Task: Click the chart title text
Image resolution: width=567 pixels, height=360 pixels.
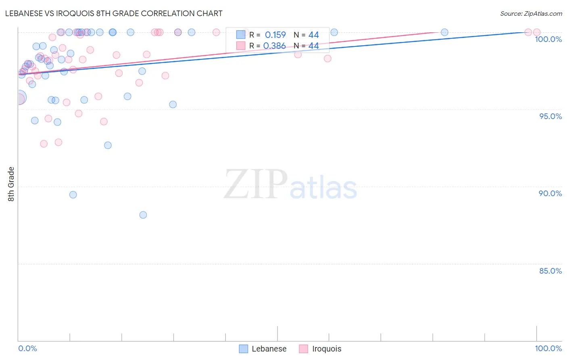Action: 114,13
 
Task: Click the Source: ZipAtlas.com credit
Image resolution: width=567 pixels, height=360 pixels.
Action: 531,13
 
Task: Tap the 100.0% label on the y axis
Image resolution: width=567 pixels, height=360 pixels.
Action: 548,39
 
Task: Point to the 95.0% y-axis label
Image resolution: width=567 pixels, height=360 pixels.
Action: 550,116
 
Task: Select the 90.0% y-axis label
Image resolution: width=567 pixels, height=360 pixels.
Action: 550,193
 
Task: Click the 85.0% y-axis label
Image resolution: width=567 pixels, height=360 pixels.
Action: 550,271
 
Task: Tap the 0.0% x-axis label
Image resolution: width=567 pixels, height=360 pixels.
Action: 27,348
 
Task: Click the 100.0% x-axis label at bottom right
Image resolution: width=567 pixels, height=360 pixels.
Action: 548,348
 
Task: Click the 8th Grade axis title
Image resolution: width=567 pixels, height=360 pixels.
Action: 11,184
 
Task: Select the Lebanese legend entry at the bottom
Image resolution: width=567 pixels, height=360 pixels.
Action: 263,349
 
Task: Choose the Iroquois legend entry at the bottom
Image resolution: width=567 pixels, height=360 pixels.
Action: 320,349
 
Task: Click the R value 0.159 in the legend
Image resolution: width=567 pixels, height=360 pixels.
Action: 275,35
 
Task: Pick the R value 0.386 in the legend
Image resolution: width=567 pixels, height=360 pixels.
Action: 274,46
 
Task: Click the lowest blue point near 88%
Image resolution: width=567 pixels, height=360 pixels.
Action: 143,215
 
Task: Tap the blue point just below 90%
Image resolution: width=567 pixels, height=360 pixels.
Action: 73,195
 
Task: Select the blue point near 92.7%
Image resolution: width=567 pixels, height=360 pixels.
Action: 108,145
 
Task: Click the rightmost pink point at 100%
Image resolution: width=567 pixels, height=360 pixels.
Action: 537,32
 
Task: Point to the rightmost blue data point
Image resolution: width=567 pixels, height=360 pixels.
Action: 444,32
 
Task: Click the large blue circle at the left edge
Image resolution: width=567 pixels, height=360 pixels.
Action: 19,97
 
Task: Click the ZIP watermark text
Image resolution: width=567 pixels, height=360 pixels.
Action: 256,184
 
